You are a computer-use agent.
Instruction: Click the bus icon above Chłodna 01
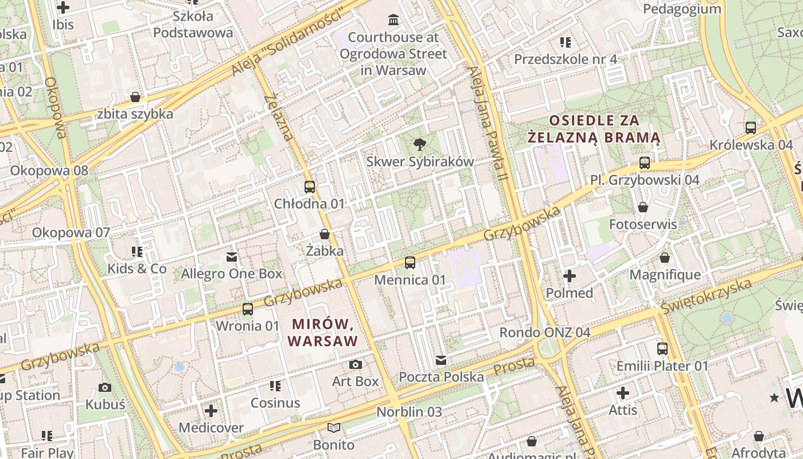point(310,186)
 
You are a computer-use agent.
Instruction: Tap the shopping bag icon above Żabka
point(325,234)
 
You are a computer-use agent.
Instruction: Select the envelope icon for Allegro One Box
point(232,256)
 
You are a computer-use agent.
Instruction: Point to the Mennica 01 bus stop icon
point(410,263)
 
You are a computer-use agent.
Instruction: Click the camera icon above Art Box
point(356,364)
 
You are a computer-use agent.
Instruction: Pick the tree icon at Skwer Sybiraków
point(420,144)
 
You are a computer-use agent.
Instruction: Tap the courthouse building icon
point(393,21)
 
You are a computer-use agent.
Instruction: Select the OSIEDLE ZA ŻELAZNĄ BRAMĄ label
point(594,129)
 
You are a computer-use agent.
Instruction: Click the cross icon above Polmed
point(569,277)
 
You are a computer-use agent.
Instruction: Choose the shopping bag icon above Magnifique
point(665,258)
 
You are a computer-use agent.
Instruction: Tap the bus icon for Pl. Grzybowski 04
point(645,163)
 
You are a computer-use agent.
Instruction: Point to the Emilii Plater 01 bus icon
point(662,348)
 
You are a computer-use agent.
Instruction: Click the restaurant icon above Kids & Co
point(137,251)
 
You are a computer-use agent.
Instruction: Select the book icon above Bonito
point(334,427)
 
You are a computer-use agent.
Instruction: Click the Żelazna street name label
point(279,117)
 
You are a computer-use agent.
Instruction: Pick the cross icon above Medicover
point(211,411)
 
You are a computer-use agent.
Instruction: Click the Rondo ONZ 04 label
point(544,332)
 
